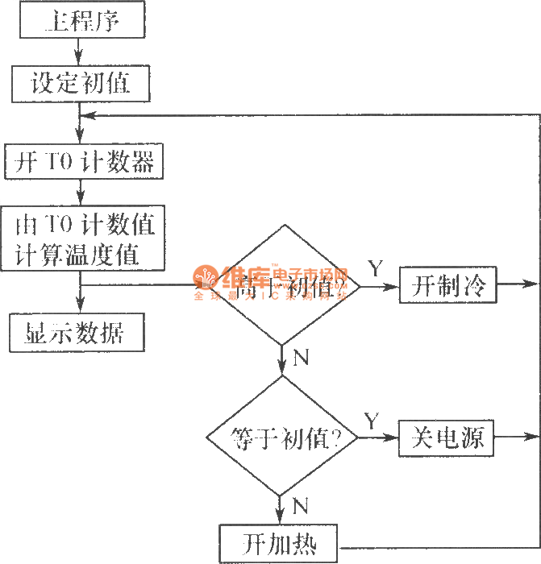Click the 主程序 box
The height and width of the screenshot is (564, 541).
tap(82, 20)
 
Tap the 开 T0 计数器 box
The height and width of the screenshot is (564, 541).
tap(83, 163)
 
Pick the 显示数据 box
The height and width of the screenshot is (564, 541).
tap(77, 333)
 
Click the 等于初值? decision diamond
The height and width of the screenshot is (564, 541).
tap(282, 439)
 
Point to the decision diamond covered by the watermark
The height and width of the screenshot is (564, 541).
tap(282, 285)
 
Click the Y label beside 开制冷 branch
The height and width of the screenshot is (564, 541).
tap(376, 267)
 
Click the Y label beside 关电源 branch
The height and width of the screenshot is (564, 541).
tap(371, 421)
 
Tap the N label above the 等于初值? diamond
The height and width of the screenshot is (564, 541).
tap(301, 359)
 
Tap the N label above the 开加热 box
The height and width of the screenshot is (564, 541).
tap(300, 506)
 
